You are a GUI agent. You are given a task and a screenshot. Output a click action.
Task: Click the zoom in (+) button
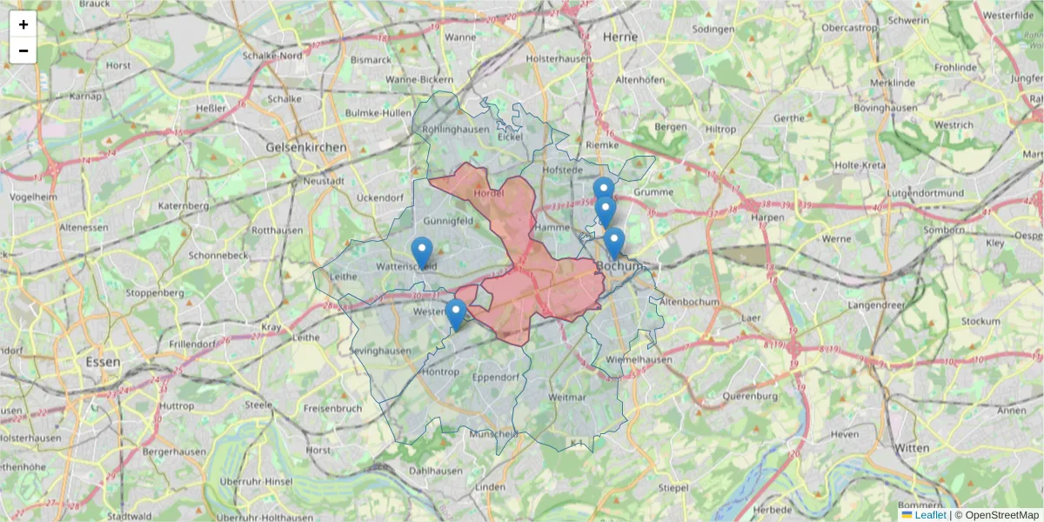(23, 24)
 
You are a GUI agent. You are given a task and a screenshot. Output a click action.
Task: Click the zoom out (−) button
(23, 50)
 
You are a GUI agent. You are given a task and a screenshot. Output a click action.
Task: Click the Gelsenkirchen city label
(306, 148)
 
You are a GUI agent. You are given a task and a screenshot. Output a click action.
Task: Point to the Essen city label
(103, 360)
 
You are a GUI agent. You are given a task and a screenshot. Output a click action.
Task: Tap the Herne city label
(620, 37)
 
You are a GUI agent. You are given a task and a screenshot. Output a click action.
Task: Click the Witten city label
(912, 447)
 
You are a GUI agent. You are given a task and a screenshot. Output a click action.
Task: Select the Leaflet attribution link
(930, 515)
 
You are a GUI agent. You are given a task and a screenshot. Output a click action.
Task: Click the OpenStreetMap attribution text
(1001, 515)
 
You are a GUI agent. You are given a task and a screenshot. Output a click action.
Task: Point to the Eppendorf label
(495, 378)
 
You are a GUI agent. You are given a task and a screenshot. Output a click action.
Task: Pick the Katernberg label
(184, 206)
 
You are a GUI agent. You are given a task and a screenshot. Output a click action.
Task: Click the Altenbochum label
(690, 301)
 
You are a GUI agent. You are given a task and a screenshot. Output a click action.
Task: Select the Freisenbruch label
(332, 408)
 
